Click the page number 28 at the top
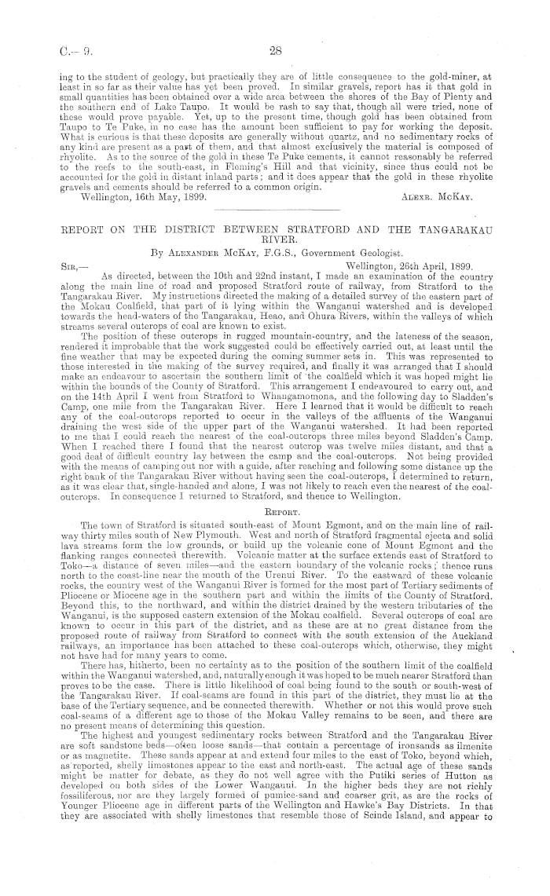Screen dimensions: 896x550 275,52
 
